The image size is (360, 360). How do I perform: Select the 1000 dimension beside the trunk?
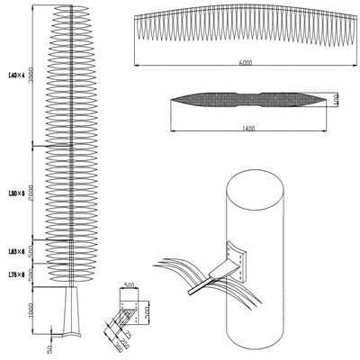coord(31,311)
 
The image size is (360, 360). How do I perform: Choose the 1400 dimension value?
coord(247,129)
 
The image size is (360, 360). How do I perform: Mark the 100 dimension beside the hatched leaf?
coord(334,98)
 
